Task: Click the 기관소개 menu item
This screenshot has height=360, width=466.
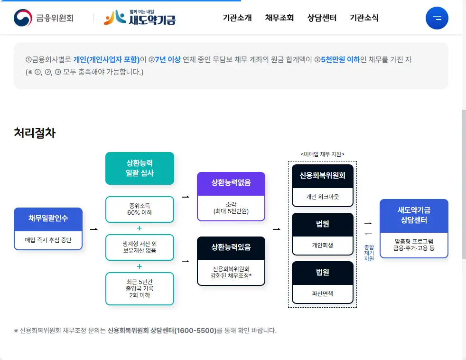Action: [237, 18]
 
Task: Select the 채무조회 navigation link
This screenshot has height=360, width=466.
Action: [280, 18]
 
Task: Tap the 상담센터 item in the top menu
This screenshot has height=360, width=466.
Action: [322, 18]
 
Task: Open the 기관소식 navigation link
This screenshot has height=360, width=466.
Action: [364, 18]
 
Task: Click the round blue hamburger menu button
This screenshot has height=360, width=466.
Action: [437, 19]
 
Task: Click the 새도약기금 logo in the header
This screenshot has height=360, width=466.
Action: [140, 18]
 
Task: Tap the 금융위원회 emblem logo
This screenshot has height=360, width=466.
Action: [44, 18]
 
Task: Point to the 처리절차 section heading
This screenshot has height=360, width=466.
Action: [35, 133]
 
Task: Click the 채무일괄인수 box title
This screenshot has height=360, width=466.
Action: [48, 218]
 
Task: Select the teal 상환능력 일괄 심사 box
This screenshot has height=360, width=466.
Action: [140, 168]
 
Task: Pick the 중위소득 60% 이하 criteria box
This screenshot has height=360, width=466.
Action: [140, 209]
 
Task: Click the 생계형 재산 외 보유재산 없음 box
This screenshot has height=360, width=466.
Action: [140, 247]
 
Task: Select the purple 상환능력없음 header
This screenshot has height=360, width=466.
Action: [231, 183]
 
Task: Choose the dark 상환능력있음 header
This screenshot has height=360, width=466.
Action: [231, 247]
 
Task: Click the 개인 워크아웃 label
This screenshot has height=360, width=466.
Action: [323, 197]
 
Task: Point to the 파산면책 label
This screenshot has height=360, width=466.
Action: [323, 294]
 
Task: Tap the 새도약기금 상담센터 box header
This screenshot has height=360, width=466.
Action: [414, 216]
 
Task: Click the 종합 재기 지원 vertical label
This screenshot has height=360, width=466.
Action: [369, 253]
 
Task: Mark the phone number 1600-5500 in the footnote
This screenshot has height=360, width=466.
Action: [196, 330]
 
